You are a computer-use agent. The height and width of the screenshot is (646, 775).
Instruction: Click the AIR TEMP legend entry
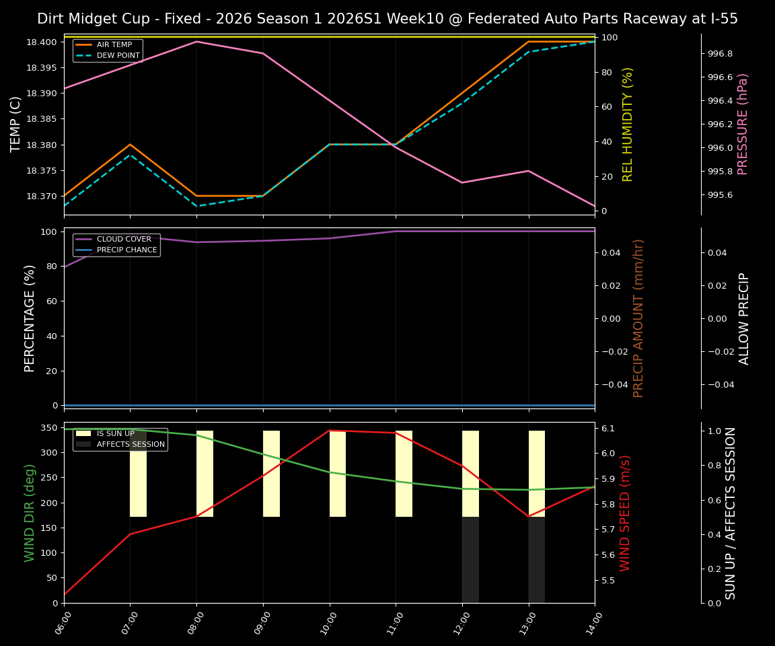coord(114,45)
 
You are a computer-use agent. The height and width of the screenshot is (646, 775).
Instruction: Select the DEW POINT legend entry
coord(118,56)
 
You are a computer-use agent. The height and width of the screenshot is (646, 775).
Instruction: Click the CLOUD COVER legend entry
coord(123,240)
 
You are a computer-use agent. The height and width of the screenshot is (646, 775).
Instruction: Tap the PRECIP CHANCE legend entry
coord(126,250)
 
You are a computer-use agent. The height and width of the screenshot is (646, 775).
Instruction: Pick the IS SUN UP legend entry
coord(115,434)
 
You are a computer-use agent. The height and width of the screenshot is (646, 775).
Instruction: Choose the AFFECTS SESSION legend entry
coord(131,445)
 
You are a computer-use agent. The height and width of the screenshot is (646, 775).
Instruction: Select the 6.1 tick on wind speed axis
coord(607,429)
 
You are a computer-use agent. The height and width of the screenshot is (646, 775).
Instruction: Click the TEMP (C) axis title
coord(16,124)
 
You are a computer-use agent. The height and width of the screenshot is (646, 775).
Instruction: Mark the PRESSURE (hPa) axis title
coord(743,124)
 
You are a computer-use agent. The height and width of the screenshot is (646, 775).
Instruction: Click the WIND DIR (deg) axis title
coord(30,513)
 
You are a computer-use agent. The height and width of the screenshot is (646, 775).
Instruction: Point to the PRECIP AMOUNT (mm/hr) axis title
coord(638,318)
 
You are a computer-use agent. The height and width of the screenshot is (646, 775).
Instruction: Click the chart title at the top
coord(387,19)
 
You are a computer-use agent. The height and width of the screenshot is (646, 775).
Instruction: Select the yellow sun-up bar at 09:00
coord(271,474)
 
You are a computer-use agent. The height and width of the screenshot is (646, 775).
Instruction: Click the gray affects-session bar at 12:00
coord(470,560)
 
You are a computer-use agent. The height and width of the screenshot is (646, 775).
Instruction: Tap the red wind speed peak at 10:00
coord(330,430)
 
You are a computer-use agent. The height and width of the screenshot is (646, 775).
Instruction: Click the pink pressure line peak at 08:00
coord(196,42)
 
